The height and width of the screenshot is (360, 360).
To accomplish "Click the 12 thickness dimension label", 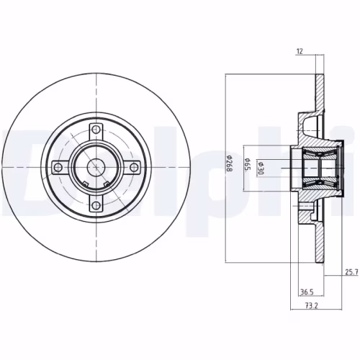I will click(298, 51).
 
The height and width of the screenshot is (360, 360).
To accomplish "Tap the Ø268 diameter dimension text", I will click(229, 166).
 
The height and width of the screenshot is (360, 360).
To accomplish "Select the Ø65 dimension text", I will click(247, 166).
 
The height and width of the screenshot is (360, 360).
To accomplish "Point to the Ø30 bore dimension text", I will click(262, 166).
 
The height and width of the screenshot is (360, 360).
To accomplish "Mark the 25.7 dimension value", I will click(350, 272).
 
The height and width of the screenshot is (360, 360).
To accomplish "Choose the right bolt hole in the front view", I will click(134, 168).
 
